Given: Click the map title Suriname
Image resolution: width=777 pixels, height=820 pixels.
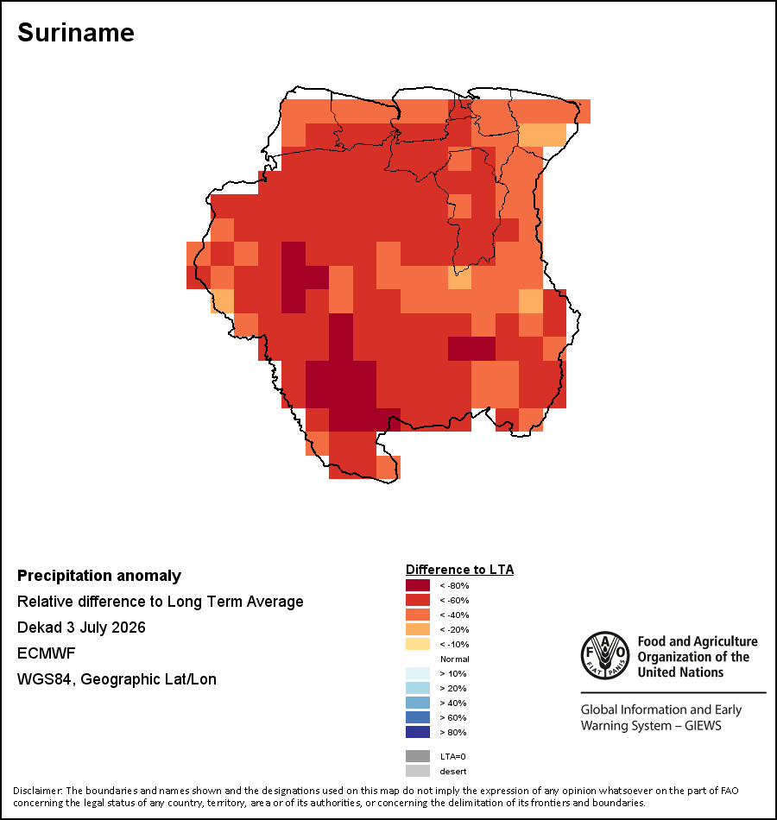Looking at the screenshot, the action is (x=76, y=33).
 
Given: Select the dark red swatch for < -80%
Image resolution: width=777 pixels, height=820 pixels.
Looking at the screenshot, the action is (x=418, y=585).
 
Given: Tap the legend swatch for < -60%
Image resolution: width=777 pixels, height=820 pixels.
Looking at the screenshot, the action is (x=418, y=600).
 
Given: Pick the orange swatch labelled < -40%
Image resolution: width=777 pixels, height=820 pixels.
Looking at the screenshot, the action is (x=418, y=615).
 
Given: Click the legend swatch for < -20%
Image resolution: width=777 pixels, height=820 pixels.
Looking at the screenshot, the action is (x=418, y=629).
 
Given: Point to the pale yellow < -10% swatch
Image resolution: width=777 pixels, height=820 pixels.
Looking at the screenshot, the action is (x=418, y=644).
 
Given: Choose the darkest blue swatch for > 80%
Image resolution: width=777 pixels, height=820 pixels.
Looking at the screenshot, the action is (x=418, y=732).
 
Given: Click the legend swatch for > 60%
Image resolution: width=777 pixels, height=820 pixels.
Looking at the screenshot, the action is (x=418, y=717).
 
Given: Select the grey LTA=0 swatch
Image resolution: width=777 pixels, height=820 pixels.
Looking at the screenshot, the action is (x=418, y=756).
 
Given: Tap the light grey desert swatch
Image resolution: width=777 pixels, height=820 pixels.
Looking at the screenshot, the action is (x=418, y=771).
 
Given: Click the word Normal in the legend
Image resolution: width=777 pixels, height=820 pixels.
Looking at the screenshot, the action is (x=455, y=659).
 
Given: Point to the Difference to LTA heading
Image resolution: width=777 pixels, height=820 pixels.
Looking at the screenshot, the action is (x=459, y=570).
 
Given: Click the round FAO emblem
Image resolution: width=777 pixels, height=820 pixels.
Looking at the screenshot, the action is (x=605, y=655).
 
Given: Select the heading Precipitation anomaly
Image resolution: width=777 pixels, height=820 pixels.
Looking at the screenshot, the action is (x=99, y=576).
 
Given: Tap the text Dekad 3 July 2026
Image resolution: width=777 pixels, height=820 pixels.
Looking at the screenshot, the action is (x=81, y=628).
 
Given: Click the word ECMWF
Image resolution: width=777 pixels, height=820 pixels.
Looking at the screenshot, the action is (x=46, y=653).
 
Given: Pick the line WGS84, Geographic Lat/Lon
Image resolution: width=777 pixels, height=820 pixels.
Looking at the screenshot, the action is (x=117, y=679).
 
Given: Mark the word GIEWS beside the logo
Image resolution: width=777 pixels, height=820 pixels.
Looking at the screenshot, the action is (x=704, y=726).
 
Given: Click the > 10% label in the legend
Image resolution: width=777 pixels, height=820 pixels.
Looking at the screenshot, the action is (x=453, y=673).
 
